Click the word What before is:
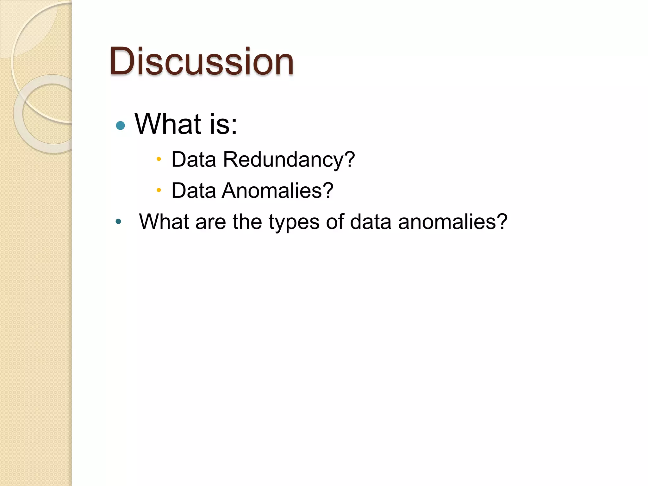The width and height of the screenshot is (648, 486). [x=168, y=124]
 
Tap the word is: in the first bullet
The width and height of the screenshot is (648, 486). [x=223, y=124]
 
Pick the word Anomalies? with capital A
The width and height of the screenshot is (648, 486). [x=277, y=190]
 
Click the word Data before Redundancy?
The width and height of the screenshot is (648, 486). [x=194, y=159]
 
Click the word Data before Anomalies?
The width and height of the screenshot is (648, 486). [x=194, y=190]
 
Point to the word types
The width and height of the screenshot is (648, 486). [x=294, y=222]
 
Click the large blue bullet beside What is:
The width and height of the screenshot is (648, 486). [x=121, y=126]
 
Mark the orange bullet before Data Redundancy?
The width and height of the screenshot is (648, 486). [x=159, y=159]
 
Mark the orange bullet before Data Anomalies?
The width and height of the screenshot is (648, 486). [x=159, y=190]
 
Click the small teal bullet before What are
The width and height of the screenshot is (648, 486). [x=118, y=221]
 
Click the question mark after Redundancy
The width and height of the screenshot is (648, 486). [x=350, y=159]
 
